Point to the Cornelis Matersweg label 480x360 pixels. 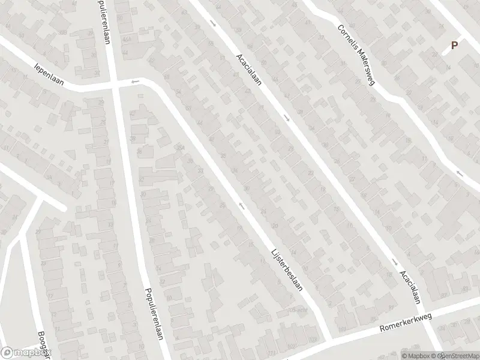click(x=355, y=55)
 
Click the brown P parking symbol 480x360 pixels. click(x=454, y=45)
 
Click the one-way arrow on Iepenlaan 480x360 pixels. click(x=136, y=82)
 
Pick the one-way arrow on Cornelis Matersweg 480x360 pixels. click(x=460, y=173)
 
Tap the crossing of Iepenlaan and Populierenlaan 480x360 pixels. click(x=114, y=86)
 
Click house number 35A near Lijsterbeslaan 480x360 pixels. click(x=179, y=147)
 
